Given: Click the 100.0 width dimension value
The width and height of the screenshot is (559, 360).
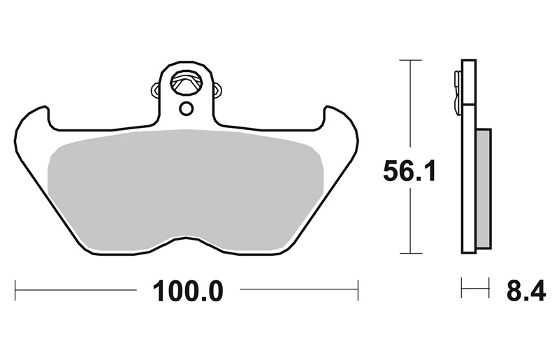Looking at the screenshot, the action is tap(188, 291).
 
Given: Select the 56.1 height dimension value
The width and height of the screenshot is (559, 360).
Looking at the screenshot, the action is tap(409, 171).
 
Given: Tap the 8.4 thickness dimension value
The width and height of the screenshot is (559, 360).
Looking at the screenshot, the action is tap(526, 291).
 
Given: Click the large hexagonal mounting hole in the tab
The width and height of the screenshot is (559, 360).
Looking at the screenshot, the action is tap(187, 82).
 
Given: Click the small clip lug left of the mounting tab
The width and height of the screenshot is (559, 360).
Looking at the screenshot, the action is tap(156, 89).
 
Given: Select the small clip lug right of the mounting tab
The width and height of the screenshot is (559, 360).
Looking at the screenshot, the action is tap(217, 89).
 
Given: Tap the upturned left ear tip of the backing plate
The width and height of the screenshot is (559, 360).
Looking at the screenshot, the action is tap(45, 107).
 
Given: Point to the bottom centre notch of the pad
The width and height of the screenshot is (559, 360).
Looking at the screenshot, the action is tap(186, 237).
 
